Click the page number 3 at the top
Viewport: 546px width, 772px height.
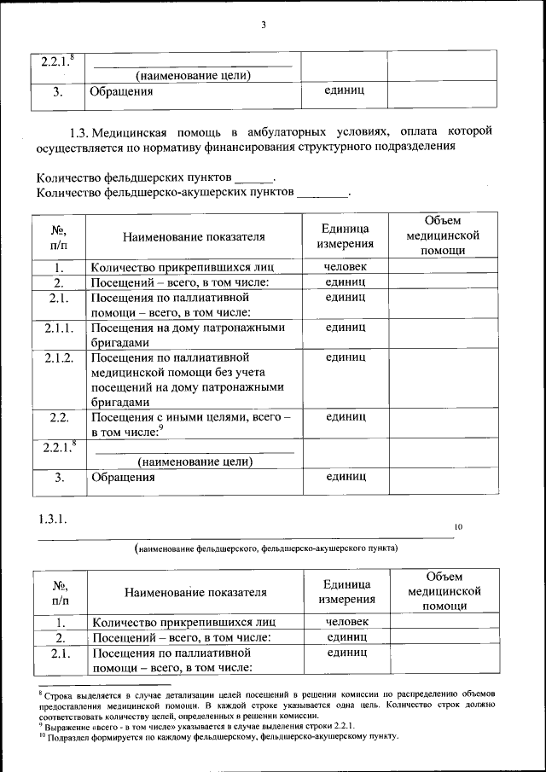[264, 25]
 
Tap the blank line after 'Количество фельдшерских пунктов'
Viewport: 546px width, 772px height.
[254, 178]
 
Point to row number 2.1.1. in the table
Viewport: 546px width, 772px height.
[60, 328]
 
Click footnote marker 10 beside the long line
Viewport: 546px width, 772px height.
[458, 528]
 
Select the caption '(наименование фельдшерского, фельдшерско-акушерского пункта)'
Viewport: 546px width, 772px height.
[265, 549]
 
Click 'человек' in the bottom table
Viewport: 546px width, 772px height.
[346, 622]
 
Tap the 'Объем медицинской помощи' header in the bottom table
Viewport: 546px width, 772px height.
[444, 591]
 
